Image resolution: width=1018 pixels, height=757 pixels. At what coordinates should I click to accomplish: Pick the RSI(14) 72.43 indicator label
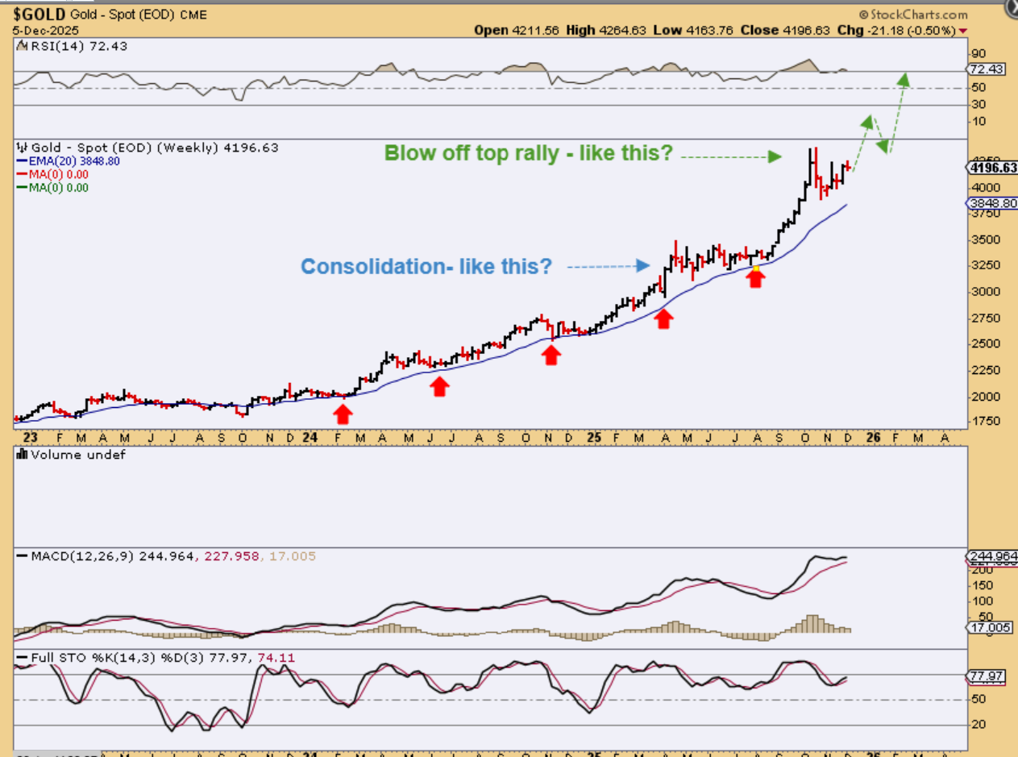tap(71, 46)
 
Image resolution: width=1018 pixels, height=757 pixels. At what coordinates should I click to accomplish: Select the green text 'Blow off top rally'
tap(528, 153)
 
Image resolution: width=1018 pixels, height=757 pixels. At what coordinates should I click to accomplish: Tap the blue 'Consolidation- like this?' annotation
tap(426, 266)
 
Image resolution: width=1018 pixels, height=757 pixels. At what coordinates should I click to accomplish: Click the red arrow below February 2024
tap(343, 414)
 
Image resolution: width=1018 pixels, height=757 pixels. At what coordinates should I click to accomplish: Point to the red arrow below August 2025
tap(755, 278)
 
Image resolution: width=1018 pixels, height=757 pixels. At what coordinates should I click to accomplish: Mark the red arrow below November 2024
tap(551, 355)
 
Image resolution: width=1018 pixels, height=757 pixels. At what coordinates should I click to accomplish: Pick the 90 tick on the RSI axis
tap(978, 53)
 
